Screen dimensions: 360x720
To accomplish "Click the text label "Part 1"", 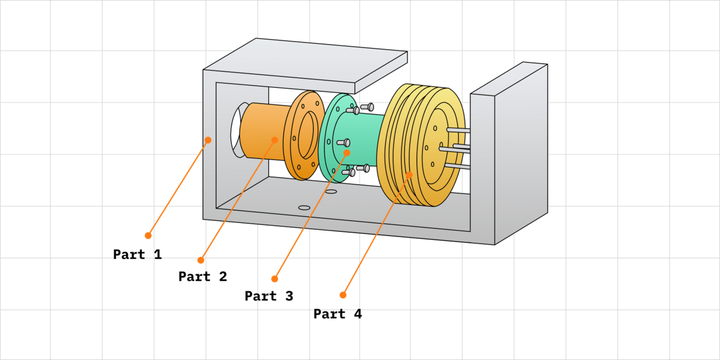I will (137, 255).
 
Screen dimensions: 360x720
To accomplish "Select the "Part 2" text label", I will (203, 276).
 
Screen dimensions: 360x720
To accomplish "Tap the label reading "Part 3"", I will (269, 296).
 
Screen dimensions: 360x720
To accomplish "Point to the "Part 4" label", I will (337, 314).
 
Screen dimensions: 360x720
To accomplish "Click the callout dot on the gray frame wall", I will (208, 140).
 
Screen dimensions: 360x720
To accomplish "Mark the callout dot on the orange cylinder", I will (275, 139).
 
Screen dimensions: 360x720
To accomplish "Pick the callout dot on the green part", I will (347, 152).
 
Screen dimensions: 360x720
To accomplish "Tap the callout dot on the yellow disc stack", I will (409, 174).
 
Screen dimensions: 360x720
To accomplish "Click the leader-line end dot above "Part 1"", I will (148, 235).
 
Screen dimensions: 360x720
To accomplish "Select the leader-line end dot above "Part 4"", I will (343, 295).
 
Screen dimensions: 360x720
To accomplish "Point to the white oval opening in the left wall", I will (236, 130).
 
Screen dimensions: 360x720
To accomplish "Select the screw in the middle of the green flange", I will (343, 143).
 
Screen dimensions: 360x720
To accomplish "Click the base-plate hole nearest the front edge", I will (304, 208).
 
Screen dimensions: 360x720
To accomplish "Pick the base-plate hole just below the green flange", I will (331, 192).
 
